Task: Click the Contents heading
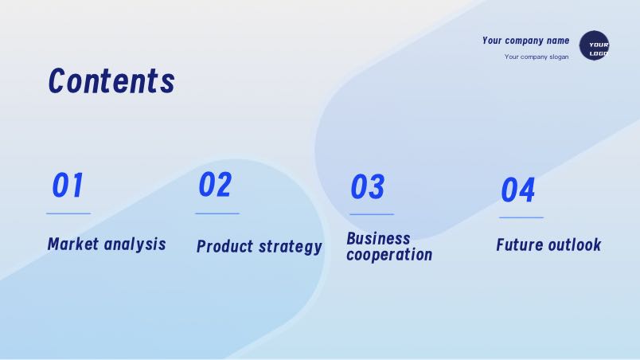[x=111, y=80]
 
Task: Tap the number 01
[x=68, y=185]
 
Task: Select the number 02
[x=215, y=184]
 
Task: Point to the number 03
[x=367, y=186]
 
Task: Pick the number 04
[x=517, y=190]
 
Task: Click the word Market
[x=73, y=244]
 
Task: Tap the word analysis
[x=135, y=245]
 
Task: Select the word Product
[x=225, y=247]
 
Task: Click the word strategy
[x=291, y=247]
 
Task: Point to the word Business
[x=378, y=239]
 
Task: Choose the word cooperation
[x=389, y=255]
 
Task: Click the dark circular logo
[x=594, y=45]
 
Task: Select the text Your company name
[x=525, y=41]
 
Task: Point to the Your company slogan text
[x=537, y=57]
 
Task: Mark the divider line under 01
[x=68, y=213]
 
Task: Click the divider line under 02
[x=217, y=213]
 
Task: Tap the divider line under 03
[x=372, y=214]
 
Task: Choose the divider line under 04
[x=521, y=218]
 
